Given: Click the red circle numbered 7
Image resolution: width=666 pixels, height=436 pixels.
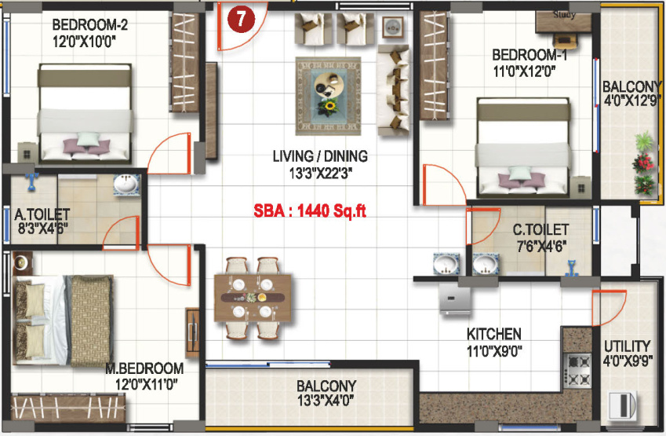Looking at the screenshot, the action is click(241, 19).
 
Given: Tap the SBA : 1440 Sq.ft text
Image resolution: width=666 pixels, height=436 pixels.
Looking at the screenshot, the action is click(310, 211).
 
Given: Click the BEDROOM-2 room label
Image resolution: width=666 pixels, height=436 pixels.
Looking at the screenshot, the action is click(89, 24).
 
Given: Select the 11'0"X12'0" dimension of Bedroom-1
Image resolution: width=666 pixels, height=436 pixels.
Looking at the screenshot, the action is click(524, 71).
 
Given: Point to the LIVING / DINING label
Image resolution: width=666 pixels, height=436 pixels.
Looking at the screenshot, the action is click(320, 156).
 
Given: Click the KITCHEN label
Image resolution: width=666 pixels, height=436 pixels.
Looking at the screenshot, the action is click(494, 335).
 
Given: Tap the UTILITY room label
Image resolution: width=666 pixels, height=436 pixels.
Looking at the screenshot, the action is click(628, 346).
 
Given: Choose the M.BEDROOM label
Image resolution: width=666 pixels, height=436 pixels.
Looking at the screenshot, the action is click(144, 368).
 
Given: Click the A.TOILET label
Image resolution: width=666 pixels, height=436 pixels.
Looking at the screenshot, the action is click(42, 214).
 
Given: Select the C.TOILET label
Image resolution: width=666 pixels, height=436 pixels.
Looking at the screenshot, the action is click(540, 229).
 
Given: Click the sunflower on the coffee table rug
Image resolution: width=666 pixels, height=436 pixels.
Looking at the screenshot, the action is click(329, 107).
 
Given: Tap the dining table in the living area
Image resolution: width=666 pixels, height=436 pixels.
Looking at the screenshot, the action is click(253, 298).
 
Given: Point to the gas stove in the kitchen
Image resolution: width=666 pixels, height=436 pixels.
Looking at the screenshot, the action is click(577, 370).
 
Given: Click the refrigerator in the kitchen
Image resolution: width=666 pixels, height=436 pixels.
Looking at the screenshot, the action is click(455, 299).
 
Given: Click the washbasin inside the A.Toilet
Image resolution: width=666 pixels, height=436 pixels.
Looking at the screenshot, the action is click(126, 185).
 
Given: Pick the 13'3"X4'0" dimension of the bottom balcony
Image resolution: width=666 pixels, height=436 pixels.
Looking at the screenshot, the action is click(326, 400).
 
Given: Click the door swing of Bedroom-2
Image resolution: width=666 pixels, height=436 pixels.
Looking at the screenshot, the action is click(169, 153).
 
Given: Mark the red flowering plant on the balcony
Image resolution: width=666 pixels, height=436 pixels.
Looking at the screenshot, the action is click(643, 163).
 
